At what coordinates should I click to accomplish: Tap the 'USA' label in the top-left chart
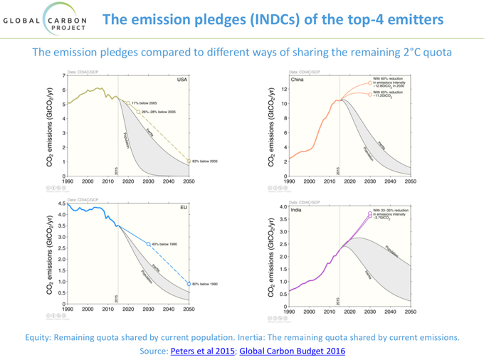point(182,80)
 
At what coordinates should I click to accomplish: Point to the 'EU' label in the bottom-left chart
point(183,211)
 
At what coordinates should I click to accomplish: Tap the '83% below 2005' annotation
point(206,162)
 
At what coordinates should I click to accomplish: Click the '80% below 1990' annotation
point(206,284)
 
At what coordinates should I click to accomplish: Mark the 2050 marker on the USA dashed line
point(189,162)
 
